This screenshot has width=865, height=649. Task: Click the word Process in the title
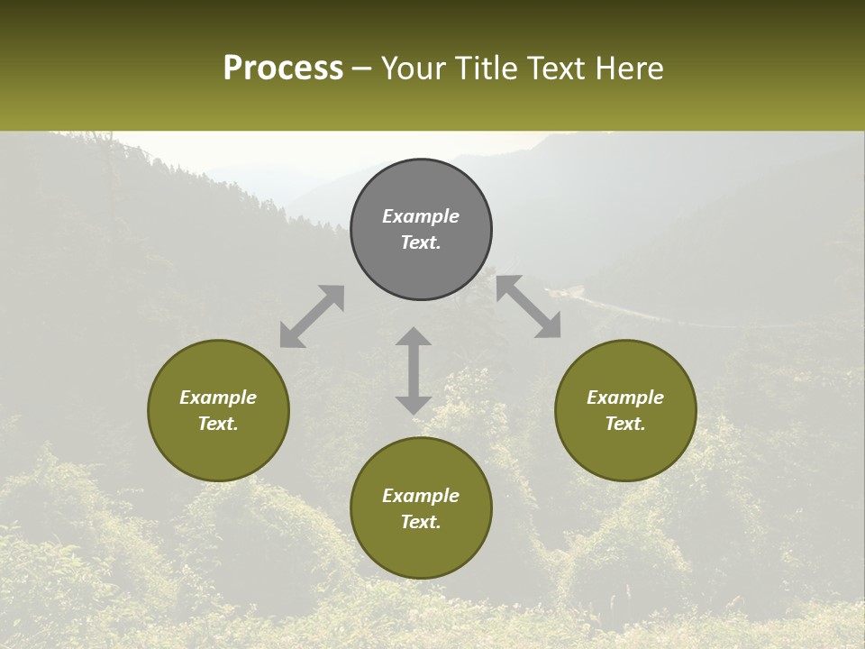283,69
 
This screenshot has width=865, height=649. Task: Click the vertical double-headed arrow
414,370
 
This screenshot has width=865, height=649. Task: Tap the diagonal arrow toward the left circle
312,316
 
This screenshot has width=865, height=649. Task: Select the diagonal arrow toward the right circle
529,306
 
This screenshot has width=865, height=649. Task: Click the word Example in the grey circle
421,216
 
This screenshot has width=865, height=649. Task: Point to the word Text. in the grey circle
421,242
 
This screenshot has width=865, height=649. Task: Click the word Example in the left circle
218,398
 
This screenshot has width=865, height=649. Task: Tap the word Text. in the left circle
218,424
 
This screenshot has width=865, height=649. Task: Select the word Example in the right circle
625,398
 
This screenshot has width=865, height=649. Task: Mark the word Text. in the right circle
625,424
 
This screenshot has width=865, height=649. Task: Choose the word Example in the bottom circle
421,496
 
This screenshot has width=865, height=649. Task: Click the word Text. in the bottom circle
421,522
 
